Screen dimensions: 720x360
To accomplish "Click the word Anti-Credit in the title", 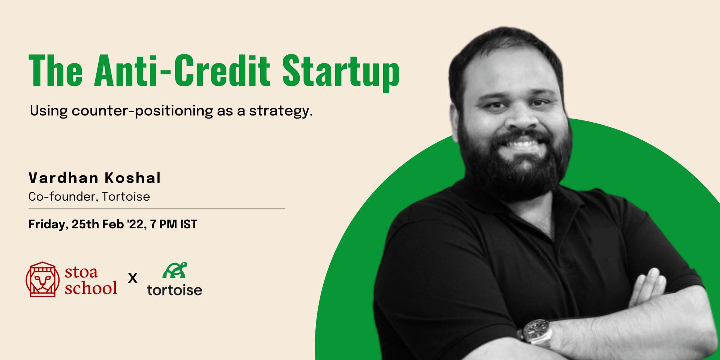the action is click(x=182, y=70).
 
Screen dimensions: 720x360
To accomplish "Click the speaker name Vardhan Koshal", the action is click(x=95, y=178).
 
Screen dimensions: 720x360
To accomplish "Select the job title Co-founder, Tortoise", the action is click(x=89, y=196).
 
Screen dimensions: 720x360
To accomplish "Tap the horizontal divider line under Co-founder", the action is click(x=157, y=208).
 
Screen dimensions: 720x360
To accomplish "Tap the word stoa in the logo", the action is click(x=81, y=272).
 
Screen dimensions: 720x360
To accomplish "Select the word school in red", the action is click(x=91, y=288).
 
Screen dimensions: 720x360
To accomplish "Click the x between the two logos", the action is click(x=133, y=279).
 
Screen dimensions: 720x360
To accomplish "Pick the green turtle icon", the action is click(x=175, y=270).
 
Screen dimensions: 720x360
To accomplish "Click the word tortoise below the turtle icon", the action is click(x=175, y=289).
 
